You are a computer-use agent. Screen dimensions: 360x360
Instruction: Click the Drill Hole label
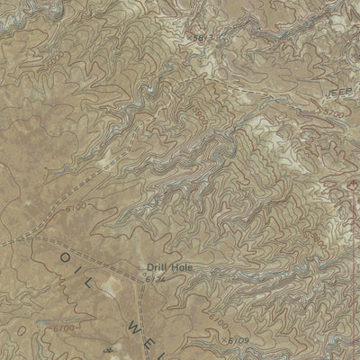(166, 267)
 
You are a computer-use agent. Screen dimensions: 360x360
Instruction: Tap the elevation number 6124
(155, 281)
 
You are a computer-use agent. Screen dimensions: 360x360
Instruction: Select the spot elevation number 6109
(237, 341)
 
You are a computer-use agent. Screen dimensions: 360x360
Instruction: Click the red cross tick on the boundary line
(349, 191)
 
